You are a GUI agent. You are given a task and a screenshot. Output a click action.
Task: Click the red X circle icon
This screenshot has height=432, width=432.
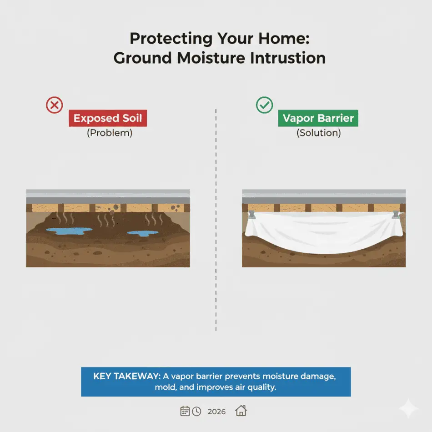pyautogui.click(x=55, y=105)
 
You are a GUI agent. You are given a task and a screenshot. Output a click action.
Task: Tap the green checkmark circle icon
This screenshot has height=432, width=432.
pyautogui.click(x=264, y=105)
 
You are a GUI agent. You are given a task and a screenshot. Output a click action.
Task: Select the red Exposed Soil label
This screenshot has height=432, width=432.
pyautogui.click(x=108, y=119)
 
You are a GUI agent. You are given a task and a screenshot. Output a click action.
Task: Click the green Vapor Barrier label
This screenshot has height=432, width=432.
pyautogui.click(x=318, y=119)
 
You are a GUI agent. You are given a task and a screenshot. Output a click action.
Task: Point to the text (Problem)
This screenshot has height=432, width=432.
pyautogui.click(x=109, y=134)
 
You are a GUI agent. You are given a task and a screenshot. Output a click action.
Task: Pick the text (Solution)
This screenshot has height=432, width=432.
pyautogui.click(x=318, y=134)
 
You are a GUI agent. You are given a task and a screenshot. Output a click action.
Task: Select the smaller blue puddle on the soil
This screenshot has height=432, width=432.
pyautogui.click(x=142, y=233)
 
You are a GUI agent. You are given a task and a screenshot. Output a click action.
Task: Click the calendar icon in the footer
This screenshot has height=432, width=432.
pyautogui.click(x=185, y=411)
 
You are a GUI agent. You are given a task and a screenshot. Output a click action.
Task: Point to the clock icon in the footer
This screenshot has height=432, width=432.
pyautogui.click(x=196, y=411)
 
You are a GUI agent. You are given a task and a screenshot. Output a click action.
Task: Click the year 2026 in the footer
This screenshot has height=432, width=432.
pyautogui.click(x=216, y=412)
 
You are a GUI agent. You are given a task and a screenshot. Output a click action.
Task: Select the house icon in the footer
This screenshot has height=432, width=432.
pyautogui.click(x=241, y=411)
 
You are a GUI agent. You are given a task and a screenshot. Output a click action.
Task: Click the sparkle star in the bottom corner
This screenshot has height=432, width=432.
pyautogui.click(x=408, y=408)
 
